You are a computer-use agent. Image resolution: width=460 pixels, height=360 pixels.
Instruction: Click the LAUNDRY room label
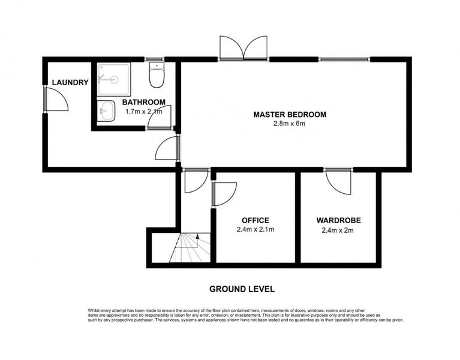tap(70, 82)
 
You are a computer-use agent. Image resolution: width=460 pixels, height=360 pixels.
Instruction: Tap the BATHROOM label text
tap(144, 103)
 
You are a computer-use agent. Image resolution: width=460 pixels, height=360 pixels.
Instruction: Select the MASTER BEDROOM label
tap(290, 115)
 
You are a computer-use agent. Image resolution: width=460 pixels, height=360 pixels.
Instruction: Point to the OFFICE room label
tap(255, 220)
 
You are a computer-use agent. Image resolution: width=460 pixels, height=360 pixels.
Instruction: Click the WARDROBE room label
tap(338, 220)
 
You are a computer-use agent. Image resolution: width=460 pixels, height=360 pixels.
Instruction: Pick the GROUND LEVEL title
tap(242, 289)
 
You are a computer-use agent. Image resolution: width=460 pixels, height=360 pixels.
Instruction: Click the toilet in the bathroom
tap(157, 75)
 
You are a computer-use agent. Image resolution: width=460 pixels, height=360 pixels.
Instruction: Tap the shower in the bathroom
tap(114, 79)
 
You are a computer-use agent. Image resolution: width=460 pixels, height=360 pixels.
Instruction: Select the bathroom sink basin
tap(106, 111)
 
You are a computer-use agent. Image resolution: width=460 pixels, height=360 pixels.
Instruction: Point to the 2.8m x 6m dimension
tap(289, 124)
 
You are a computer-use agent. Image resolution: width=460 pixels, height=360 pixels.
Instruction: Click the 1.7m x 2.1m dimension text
tap(144, 112)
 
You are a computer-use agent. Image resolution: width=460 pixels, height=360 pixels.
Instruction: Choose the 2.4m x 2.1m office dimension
tap(255, 229)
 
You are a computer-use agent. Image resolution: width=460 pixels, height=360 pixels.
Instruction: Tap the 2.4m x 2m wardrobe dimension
tap(338, 230)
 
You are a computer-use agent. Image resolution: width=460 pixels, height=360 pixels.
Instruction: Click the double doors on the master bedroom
tap(243, 48)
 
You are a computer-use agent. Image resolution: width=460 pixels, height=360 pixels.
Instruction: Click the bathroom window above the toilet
tap(155, 59)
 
